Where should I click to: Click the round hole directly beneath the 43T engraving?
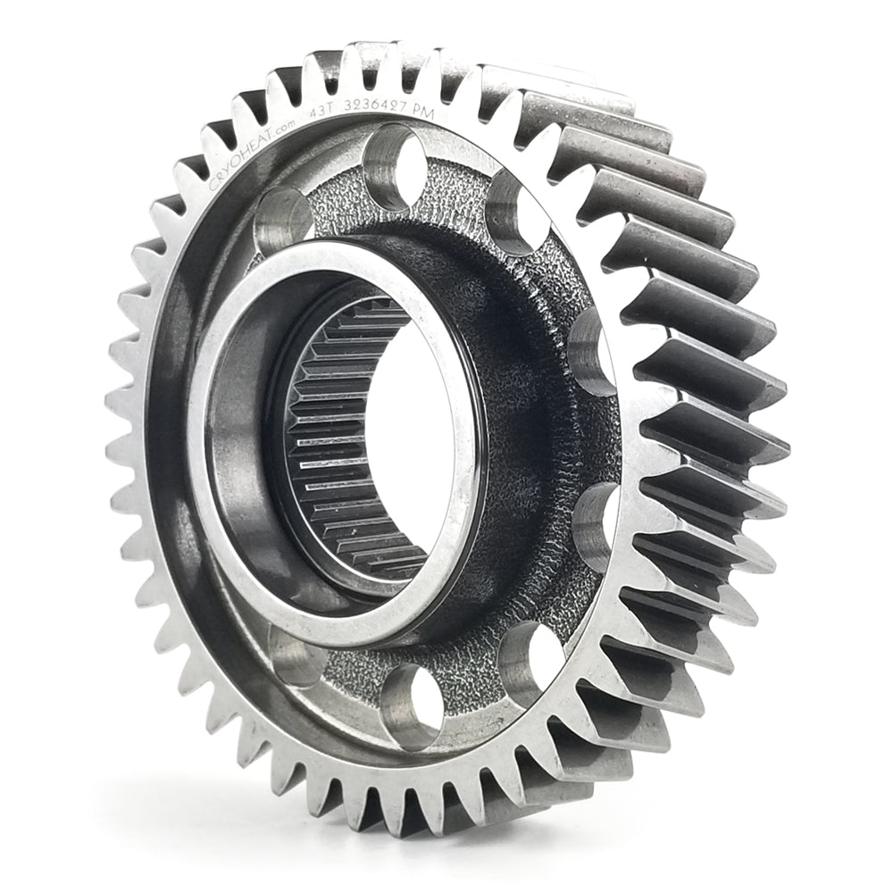(x=394, y=156)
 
